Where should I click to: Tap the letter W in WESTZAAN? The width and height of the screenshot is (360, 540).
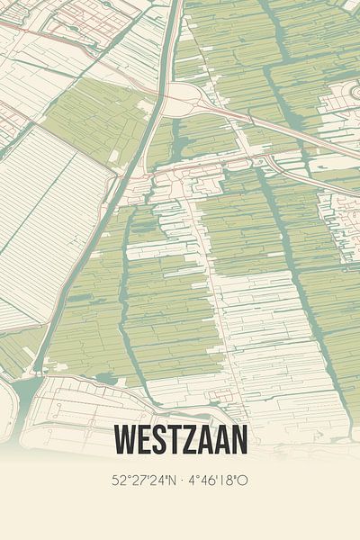[125, 440]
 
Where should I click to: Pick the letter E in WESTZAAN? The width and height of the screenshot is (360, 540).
[144, 440]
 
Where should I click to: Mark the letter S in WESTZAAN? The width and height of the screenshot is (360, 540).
[159, 440]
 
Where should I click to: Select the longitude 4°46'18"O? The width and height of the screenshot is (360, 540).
[217, 481]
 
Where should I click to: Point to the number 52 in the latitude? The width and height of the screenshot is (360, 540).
[120, 481]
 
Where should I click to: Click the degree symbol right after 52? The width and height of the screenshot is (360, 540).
[128, 476]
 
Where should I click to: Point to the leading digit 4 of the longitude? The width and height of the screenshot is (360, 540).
[192, 481]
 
